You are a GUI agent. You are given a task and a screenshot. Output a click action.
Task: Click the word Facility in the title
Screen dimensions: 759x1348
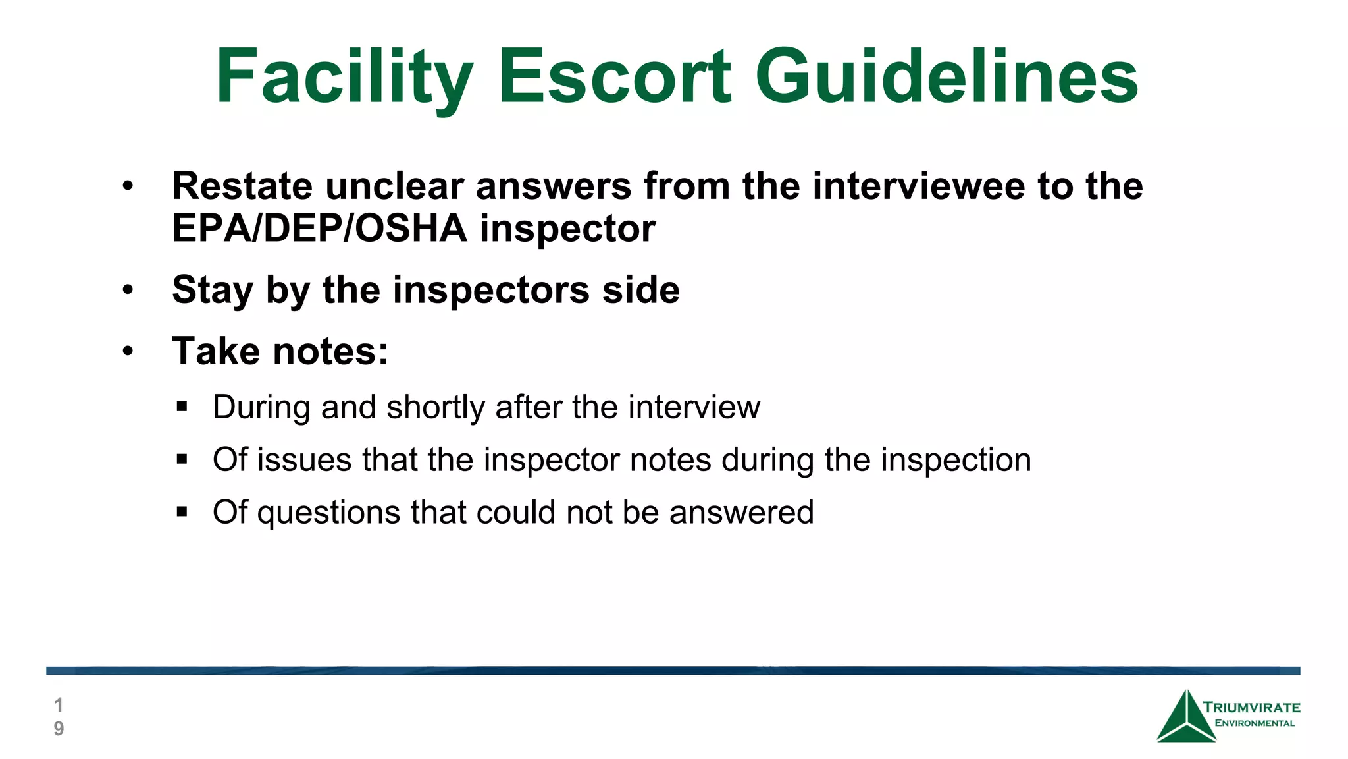pos(344,77)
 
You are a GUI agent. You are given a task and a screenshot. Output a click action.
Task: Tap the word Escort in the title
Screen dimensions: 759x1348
pos(614,77)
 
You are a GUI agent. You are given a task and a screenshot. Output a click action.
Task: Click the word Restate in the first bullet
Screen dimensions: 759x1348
pos(242,186)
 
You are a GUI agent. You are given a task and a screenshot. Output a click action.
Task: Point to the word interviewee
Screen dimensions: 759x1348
pos(918,186)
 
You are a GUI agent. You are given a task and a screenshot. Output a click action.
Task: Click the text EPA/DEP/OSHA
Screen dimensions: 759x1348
pos(319,229)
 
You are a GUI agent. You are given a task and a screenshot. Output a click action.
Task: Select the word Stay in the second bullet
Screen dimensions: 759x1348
pos(213,290)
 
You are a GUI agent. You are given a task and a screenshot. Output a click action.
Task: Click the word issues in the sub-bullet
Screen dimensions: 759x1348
pos(304,460)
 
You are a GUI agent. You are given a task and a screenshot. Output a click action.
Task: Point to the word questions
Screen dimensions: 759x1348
pos(328,513)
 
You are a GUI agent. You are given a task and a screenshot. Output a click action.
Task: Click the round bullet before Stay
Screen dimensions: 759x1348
pos(128,290)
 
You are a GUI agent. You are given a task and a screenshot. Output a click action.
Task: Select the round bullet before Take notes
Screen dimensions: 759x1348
pos(128,351)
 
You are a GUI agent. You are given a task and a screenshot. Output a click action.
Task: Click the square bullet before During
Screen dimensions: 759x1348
pos(182,407)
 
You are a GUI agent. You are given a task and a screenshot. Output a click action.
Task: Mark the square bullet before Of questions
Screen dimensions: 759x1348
pos(182,512)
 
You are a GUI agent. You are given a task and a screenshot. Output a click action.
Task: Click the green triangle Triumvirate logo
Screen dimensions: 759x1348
pos(1186,718)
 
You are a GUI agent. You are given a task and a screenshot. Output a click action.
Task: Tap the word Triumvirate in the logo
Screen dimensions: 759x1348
pos(1252,708)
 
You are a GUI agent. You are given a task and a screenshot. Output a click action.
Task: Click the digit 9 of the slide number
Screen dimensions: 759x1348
pos(59,729)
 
